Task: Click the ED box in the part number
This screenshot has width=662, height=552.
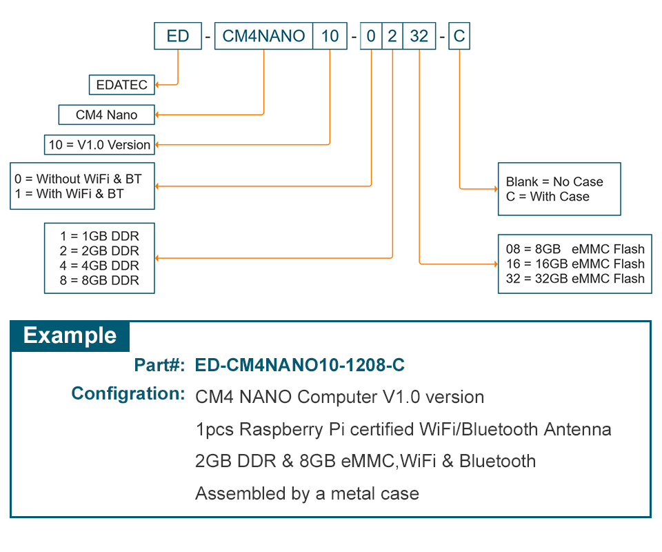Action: [178, 36]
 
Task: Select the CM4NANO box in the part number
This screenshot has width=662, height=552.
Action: [263, 36]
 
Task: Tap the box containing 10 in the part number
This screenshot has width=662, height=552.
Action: [330, 36]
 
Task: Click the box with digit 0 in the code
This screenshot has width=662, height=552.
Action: [371, 36]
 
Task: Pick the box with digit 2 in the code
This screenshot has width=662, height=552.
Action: [392, 36]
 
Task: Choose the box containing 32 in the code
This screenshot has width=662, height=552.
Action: [419, 36]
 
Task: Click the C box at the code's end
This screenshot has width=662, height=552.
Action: [459, 36]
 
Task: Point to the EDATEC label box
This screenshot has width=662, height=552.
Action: [122, 85]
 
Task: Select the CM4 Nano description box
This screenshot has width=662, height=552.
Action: [106, 115]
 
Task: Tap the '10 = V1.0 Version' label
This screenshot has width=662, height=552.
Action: [99, 145]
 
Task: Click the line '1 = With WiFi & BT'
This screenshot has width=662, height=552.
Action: [69, 194]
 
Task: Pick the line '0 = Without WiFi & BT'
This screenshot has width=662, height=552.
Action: [78, 179]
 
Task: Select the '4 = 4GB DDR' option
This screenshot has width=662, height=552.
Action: [99, 266]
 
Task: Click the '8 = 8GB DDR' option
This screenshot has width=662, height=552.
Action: [99, 280]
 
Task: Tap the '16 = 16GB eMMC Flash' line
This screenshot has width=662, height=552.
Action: [574, 264]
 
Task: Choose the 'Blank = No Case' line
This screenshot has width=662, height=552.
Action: [554, 181]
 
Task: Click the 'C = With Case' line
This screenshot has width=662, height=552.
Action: [548, 197]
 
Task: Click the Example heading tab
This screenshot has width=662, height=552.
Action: [70, 336]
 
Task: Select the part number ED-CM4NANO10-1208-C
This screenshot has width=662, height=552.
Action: [300, 365]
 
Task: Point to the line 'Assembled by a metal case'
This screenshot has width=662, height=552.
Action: [307, 493]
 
